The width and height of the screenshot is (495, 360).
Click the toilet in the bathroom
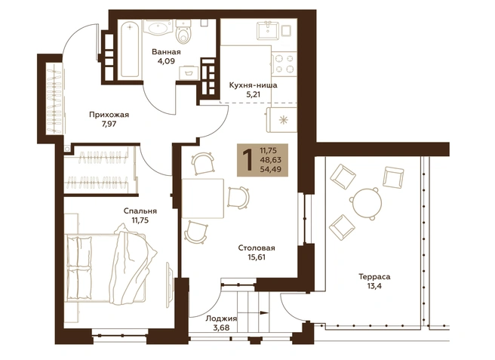point(183,32)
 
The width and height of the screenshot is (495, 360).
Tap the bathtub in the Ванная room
point(130,48)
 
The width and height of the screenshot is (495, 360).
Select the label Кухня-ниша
point(254,85)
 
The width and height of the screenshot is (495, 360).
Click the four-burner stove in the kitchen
point(283,64)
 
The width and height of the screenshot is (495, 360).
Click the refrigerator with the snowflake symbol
point(282,120)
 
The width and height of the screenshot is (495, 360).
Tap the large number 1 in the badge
point(248,160)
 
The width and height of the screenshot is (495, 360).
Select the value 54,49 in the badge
point(270,170)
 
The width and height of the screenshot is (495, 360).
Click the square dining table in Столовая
point(203,198)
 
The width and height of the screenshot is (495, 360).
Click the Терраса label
point(374,277)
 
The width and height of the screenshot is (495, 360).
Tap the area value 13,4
point(374,287)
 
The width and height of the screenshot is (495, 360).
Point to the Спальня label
point(140,211)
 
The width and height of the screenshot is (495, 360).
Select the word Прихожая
point(109,115)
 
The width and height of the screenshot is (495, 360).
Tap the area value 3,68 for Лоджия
point(221,328)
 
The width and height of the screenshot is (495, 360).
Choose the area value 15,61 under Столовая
point(257,257)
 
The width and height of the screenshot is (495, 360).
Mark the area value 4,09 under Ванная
point(166,61)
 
